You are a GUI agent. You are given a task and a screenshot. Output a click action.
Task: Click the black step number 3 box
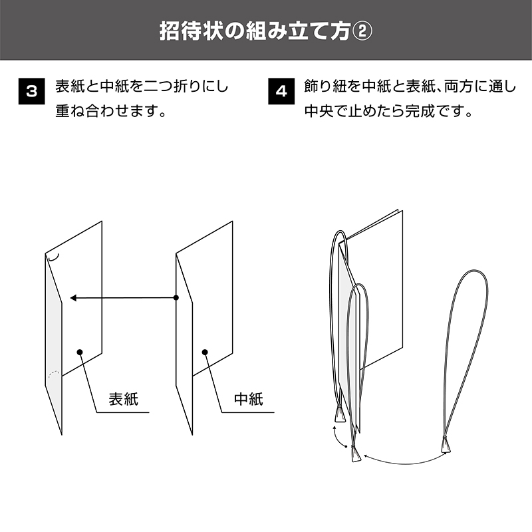click(31, 91)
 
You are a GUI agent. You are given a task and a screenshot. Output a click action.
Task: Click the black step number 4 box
click(281, 91)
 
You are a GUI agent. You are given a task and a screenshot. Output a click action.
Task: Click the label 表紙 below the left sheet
click(124, 399)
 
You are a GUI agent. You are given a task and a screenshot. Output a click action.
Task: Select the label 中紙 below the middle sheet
click(249, 399)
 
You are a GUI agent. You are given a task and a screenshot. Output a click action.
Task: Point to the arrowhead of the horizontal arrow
click(73, 298)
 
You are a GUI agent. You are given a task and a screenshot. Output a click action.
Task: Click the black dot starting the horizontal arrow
click(176, 297)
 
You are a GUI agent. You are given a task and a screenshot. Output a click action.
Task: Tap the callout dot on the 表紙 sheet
click(80, 352)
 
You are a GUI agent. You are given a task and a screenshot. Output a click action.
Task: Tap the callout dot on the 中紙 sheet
click(205, 352)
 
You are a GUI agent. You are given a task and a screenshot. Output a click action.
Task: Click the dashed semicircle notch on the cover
click(54, 372)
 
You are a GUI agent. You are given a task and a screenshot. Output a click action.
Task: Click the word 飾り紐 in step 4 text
click(326, 86)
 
